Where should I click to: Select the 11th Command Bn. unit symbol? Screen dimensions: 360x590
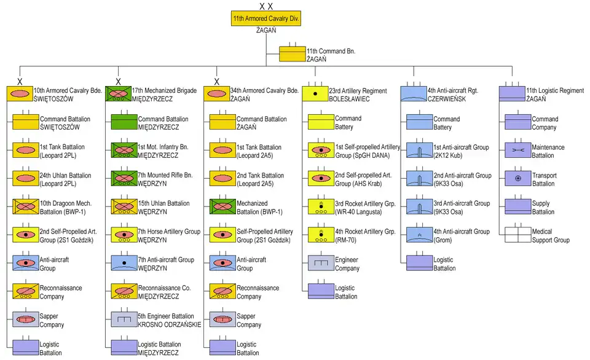[292, 54]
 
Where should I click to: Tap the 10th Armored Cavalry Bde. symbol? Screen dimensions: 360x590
[20, 94]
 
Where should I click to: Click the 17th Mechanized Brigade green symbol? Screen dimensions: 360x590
[118, 94]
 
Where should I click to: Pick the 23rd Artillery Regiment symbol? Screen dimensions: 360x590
[315, 94]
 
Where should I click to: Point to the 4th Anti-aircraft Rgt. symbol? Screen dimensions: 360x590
[413, 94]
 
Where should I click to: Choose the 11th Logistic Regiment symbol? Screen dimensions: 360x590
[511, 94]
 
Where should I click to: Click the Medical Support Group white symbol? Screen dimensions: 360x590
[517, 235]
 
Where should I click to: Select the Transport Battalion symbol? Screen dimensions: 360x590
[517, 179]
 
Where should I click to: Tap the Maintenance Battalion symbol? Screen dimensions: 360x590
[517, 151]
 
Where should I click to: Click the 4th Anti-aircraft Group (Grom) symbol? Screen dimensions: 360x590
[419, 235]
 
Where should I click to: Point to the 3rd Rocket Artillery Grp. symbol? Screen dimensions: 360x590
[320, 207]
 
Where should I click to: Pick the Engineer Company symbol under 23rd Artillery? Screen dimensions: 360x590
[320, 264]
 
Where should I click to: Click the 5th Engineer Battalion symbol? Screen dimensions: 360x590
[124, 319]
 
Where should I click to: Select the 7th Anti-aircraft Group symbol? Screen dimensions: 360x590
[124, 264]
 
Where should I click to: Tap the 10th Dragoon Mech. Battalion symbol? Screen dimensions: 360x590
[25, 207]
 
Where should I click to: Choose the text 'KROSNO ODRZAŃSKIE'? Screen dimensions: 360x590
[170, 324]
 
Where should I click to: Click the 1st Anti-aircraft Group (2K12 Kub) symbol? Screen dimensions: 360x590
[419, 151]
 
